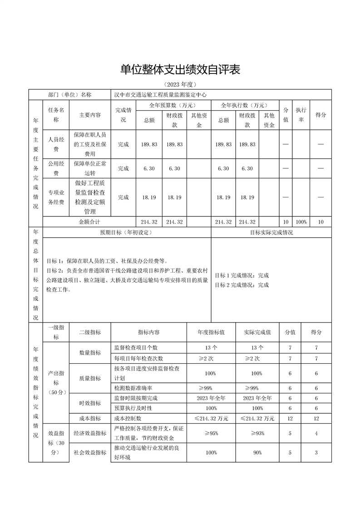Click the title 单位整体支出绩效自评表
[x=180, y=69]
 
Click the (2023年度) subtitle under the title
[x=180, y=85]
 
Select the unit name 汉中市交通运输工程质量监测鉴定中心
[x=160, y=95]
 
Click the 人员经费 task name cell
[x=56, y=144]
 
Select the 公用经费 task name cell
[x=56, y=168]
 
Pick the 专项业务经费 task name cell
[x=56, y=197]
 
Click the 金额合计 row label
[x=89, y=222]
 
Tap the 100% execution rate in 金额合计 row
[x=301, y=222]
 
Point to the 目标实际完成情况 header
[x=271, y=232]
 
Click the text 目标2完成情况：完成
[x=242, y=285]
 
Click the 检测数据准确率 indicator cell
[x=133, y=388]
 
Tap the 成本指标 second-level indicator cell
[x=89, y=418]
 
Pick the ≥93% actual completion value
[x=257, y=433]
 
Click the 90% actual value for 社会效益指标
[x=257, y=453]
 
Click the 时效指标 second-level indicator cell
[x=89, y=403]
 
